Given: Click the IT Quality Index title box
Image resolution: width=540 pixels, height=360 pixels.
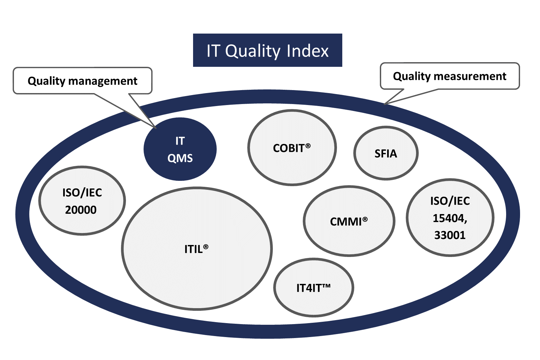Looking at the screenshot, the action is point(268,50).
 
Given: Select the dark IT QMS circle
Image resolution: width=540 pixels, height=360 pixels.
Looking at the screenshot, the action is point(180,149).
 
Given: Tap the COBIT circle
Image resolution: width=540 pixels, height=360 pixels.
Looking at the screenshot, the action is point(292,148).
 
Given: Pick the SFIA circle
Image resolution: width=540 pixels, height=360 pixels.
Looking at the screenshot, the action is point(386,153).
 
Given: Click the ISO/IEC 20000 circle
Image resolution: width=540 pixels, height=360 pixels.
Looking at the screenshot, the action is point(82,200).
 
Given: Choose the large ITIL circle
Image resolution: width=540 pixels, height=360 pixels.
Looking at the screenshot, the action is point(197,249).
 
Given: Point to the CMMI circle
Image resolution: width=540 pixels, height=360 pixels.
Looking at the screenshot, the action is point(349,221).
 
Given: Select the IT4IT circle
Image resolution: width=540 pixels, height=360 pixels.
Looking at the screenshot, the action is point(313,288).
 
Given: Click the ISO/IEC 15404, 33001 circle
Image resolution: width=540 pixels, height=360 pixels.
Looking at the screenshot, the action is point(450,217).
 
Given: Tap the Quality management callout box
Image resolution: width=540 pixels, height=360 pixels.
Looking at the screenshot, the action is point(82,80).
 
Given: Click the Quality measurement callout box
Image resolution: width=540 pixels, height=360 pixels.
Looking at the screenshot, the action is point(450,76).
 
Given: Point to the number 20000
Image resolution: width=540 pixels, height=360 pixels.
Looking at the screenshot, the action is point(81,210).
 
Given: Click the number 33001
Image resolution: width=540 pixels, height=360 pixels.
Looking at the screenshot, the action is point(450,235).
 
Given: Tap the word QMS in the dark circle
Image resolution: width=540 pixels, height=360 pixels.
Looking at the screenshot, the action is point(180,159).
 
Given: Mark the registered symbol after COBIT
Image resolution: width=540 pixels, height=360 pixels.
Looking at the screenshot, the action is point(308,146).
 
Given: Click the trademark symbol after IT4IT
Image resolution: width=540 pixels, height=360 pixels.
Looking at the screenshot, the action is point(326,286).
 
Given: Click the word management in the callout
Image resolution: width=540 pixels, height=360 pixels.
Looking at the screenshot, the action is point(103,81).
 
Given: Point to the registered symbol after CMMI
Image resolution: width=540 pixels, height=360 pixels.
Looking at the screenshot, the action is point(365,219).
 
